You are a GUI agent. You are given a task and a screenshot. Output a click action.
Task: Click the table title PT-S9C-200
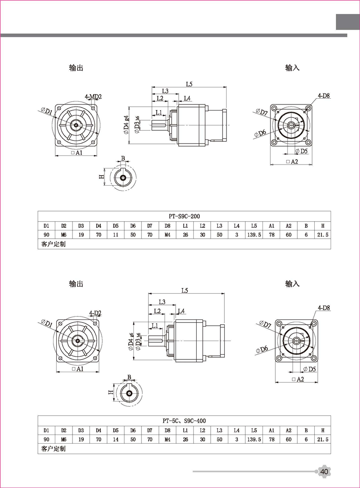click(184, 216)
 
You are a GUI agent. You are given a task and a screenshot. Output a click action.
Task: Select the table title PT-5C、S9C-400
click(184, 420)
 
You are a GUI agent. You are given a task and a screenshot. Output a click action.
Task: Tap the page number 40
click(324, 471)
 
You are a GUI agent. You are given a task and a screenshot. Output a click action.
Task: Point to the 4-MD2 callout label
click(93, 97)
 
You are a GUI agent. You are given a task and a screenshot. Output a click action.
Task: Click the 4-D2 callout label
click(95, 313)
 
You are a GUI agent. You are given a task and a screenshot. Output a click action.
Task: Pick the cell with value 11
click(115, 235)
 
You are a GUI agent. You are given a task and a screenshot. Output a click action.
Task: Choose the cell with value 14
click(115, 439)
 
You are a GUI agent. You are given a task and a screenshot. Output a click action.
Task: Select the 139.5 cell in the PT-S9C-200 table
click(254, 235)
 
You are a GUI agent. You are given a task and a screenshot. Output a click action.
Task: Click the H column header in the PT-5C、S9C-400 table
click(323, 430)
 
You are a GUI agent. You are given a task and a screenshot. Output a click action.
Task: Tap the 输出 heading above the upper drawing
click(76, 68)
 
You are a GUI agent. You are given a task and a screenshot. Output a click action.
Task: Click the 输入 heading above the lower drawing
click(292, 283)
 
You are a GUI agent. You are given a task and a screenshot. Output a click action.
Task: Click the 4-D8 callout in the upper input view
click(324, 95)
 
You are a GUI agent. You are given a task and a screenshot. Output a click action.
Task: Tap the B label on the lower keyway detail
click(129, 377)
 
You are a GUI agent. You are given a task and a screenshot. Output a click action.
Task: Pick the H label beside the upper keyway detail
click(101, 176)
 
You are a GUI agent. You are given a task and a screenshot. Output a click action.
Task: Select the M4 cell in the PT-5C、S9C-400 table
click(167, 439)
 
